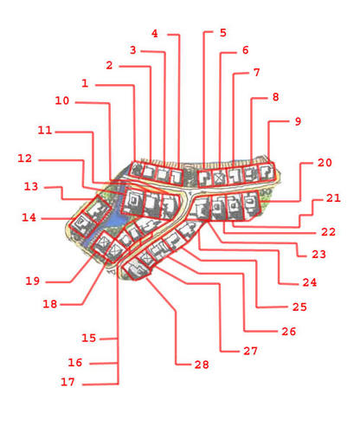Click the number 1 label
point(85,83)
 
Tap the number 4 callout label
point(155,34)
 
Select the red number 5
point(222,33)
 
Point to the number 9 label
point(298,121)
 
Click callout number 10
point(62,100)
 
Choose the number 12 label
point(25,158)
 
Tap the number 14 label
point(29,217)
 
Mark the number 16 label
point(75,363)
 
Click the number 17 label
point(67,382)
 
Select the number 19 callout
point(33,281)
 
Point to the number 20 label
point(325,163)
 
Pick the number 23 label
point(318,255)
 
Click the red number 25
point(299,307)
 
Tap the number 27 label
point(250,351)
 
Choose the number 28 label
point(202,365)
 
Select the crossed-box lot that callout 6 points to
point(219,178)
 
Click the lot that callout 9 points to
point(267,172)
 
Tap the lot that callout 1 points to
point(136,170)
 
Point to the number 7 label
point(257,72)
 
